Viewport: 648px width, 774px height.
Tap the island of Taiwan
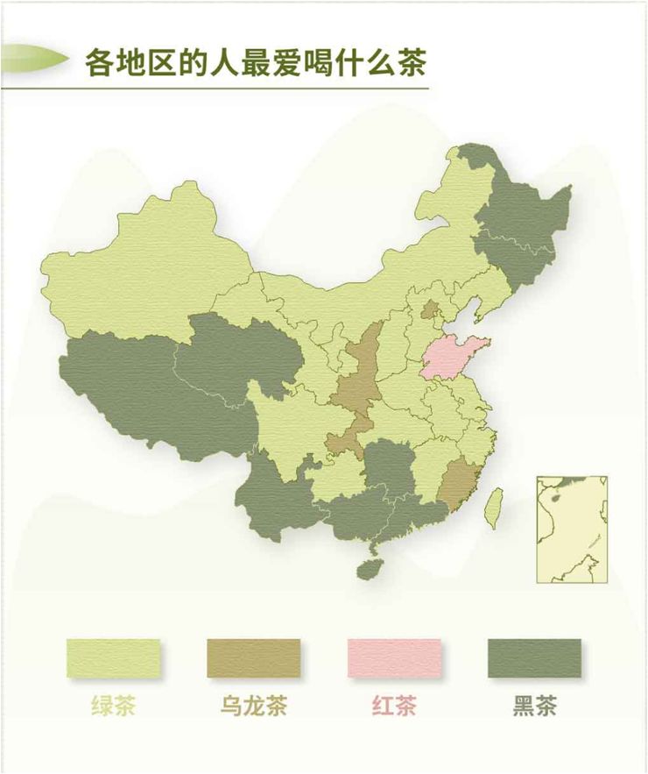point(496,508)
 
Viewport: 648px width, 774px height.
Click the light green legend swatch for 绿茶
point(114,657)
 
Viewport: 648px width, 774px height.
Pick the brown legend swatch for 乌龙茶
point(253,657)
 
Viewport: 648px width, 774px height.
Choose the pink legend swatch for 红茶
point(393,657)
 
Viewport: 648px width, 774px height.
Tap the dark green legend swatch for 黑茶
point(533,657)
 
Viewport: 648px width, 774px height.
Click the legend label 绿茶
point(114,706)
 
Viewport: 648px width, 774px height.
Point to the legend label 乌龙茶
point(253,706)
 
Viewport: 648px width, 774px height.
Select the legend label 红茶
point(393,706)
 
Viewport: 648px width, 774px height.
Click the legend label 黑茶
point(533,706)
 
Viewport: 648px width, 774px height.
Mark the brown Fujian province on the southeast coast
point(454,482)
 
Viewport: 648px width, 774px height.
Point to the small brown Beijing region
point(430,309)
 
